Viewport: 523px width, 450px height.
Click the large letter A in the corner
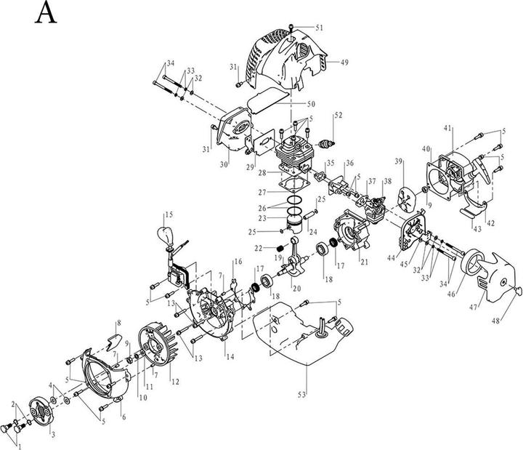(x=46, y=13)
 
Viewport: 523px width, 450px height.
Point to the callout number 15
(x=169, y=214)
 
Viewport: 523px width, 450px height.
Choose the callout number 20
(x=296, y=288)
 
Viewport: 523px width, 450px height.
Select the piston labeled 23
(x=296, y=217)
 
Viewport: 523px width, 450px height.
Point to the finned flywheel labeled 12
(x=155, y=351)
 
